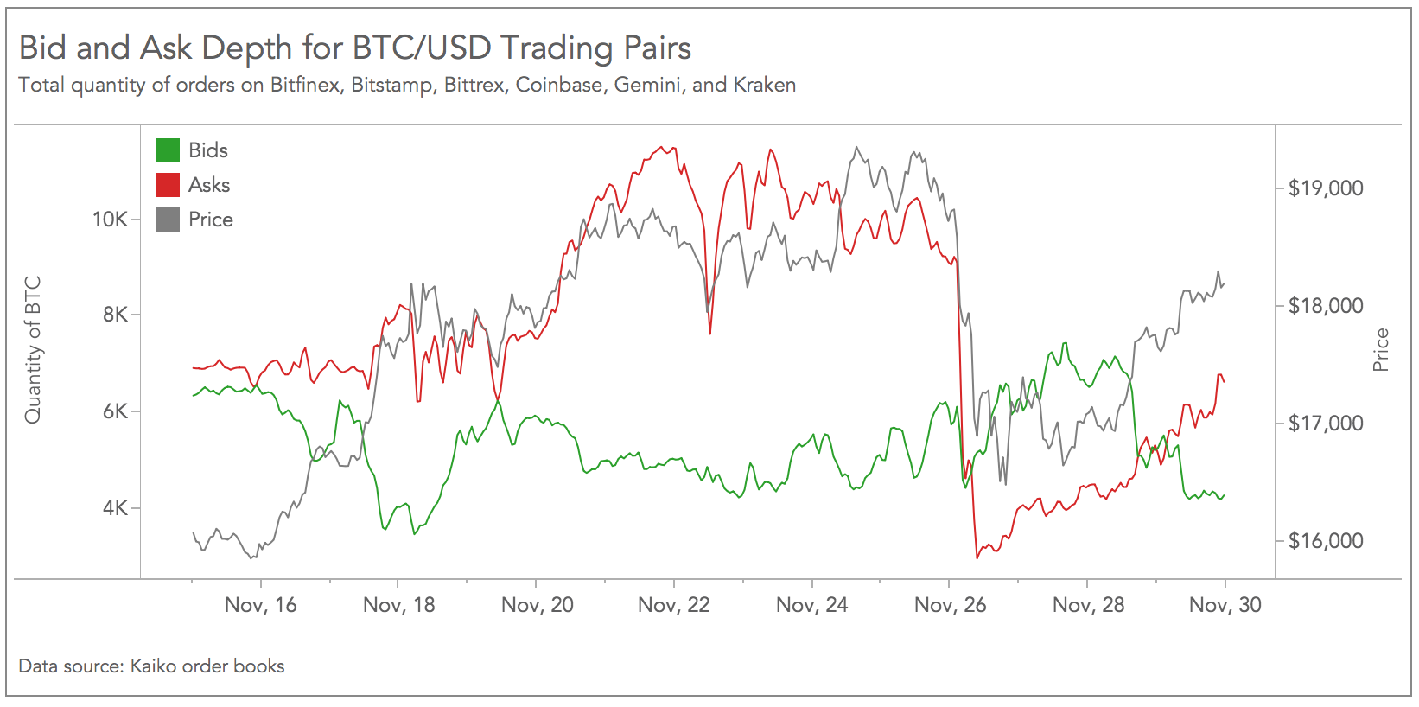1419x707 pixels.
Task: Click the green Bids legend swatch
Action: pos(168,150)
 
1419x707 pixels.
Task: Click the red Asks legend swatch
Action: pos(168,185)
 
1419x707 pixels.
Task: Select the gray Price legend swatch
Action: pos(168,220)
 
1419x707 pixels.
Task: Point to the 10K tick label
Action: pos(110,220)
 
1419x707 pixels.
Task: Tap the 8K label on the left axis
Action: pos(115,315)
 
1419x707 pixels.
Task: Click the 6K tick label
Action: pos(115,411)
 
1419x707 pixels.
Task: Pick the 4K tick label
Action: pos(115,508)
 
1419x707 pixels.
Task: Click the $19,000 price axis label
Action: pos(1325,188)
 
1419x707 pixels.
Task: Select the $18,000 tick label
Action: pos(1325,306)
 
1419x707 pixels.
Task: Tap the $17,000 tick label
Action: pos(1325,424)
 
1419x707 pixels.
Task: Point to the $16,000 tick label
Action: pos(1325,541)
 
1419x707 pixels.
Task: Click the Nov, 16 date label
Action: pos(260,605)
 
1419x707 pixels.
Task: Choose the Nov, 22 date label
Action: pos(673,605)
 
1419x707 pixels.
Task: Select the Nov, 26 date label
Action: pos(950,605)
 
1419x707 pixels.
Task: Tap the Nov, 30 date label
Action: pos(1225,605)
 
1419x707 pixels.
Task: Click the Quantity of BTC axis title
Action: pos(33,350)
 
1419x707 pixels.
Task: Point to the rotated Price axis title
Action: pos(1381,350)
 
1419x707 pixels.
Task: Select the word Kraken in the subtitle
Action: pos(764,85)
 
